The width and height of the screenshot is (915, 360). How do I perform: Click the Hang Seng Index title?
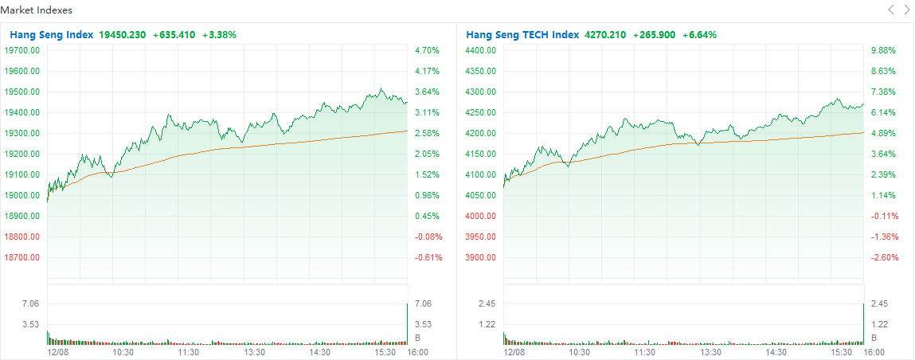(52, 35)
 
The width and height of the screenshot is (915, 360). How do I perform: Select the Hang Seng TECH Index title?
(522, 35)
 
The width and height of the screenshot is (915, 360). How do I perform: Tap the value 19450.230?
(122, 35)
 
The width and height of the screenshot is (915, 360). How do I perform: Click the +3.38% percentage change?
(219, 35)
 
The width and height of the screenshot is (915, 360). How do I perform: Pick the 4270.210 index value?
(605, 35)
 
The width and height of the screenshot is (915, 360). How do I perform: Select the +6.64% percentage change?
(699, 35)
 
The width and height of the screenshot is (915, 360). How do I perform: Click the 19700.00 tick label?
(22, 50)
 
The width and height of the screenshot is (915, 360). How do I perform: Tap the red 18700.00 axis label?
(22, 257)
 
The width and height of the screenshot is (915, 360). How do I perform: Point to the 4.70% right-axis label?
(427, 50)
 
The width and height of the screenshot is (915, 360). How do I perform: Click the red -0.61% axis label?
(428, 257)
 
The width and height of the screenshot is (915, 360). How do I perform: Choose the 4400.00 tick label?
(480, 50)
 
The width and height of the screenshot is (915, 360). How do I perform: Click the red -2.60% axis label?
(884, 257)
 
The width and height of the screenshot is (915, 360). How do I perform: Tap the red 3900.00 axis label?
(480, 257)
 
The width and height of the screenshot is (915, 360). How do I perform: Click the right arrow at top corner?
(906, 10)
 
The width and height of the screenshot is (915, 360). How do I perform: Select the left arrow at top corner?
(891, 10)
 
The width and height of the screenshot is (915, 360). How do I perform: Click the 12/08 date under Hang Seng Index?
(58, 351)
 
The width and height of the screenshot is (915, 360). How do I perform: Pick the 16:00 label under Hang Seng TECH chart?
(874, 351)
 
